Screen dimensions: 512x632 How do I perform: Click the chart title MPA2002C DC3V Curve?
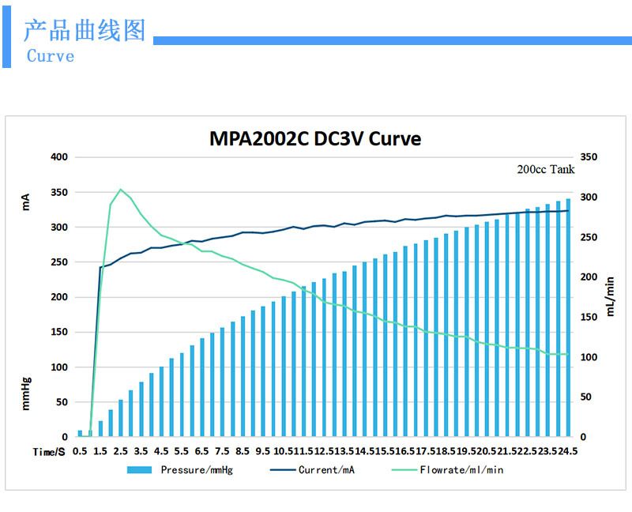tap(315, 139)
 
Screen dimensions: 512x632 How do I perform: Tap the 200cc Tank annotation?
tap(546, 169)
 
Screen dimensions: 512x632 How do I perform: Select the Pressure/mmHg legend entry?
tap(180, 469)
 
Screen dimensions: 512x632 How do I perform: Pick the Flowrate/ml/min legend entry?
tap(447, 469)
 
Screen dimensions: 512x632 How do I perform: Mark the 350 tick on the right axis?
tap(589, 157)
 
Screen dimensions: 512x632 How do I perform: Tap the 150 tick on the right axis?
tap(589, 317)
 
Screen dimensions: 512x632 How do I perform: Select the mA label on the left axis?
tap(26, 202)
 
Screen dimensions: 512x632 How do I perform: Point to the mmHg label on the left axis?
tap(26, 393)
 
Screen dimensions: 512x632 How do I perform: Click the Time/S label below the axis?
tap(48, 451)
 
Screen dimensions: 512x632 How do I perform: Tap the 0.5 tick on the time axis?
tap(80, 451)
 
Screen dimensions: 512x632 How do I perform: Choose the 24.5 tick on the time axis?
tap(567, 451)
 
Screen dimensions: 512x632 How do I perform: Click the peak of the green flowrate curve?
tap(120, 190)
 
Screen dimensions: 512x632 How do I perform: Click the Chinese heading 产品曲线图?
tap(85, 31)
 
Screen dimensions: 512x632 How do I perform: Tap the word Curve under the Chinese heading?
tap(51, 56)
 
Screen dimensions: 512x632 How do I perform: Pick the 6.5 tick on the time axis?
tap(201, 451)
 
